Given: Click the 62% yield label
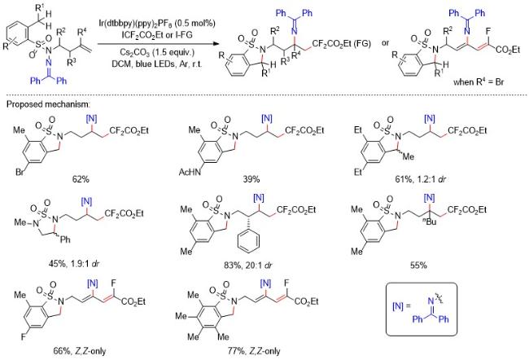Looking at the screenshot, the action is coord(81,179).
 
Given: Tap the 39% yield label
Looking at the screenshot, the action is coord(251,179).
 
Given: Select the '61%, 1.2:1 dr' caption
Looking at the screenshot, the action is coord(421,179).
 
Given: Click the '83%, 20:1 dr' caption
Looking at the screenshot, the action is coord(248,266).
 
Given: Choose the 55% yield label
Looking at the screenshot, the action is coord(418,266).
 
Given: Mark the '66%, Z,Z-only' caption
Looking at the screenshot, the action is coord(80,351).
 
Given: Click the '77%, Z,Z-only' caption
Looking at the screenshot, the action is coord(254,351).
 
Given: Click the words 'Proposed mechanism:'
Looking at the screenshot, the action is coord(48,104).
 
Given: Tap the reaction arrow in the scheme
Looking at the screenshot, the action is coord(157,43).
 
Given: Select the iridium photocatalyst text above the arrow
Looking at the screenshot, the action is coord(157,24).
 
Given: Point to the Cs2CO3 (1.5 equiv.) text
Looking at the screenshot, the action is coord(157,53).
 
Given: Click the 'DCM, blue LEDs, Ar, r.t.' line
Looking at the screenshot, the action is coord(157,64).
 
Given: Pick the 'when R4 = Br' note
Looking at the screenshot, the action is coord(479,81).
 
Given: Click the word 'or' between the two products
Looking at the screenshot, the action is coord(385,43).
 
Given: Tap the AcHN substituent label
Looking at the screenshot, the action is coord(190,172).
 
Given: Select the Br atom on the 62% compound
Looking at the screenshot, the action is coord(20,172).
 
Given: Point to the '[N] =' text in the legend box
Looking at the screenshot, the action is coord(401,306).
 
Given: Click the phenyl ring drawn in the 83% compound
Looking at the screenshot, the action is coord(249,239).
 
